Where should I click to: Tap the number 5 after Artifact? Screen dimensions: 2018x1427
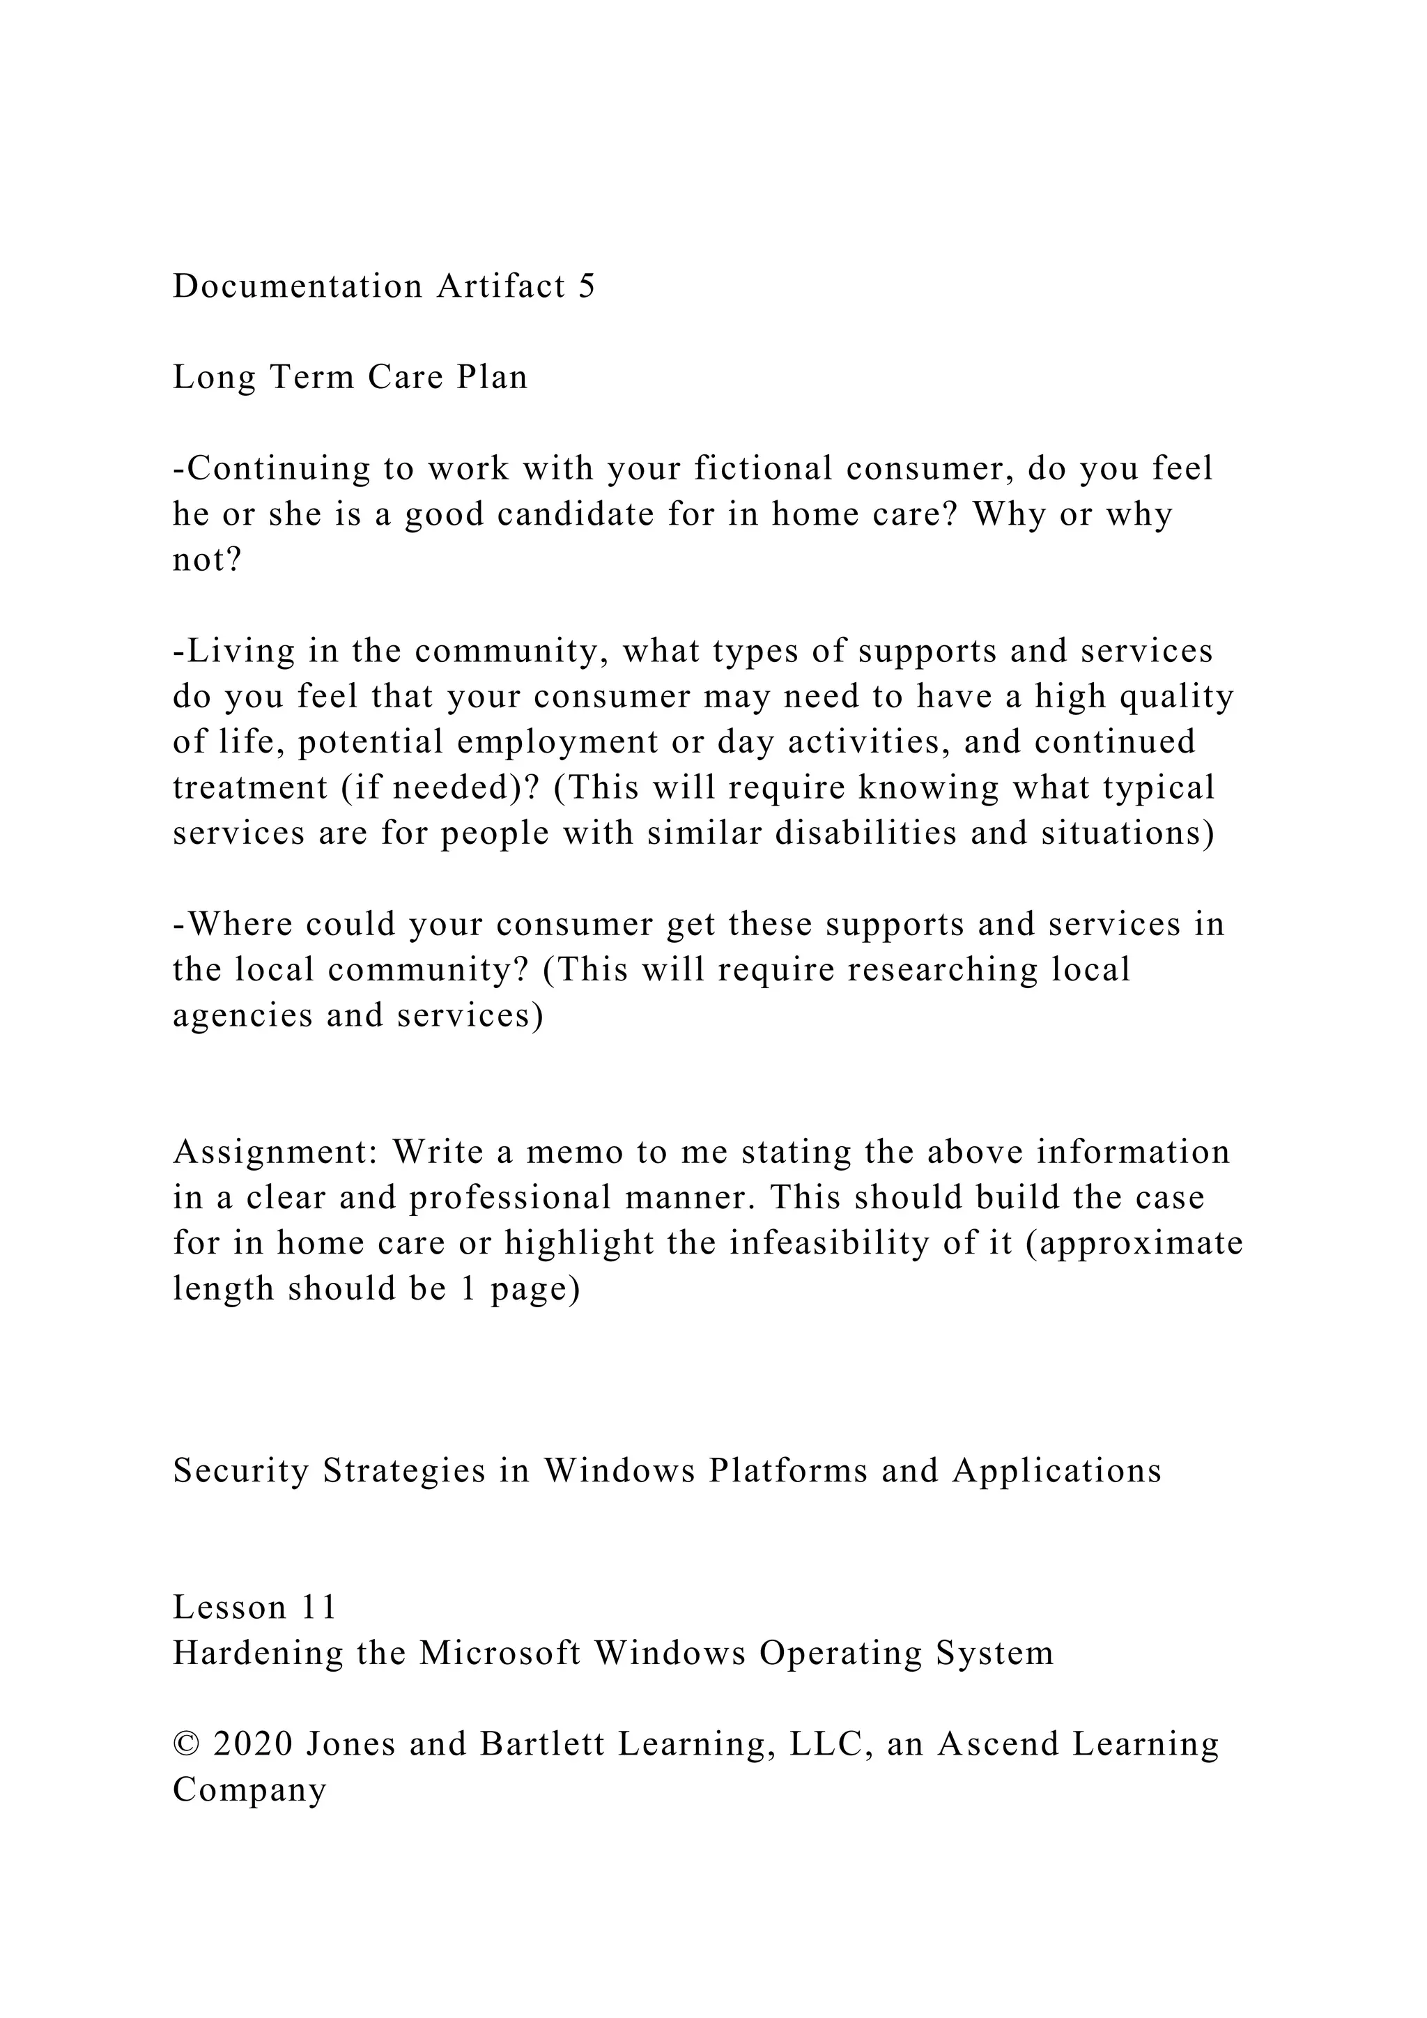pos(587,286)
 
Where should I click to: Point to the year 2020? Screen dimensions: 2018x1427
pos(253,1745)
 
